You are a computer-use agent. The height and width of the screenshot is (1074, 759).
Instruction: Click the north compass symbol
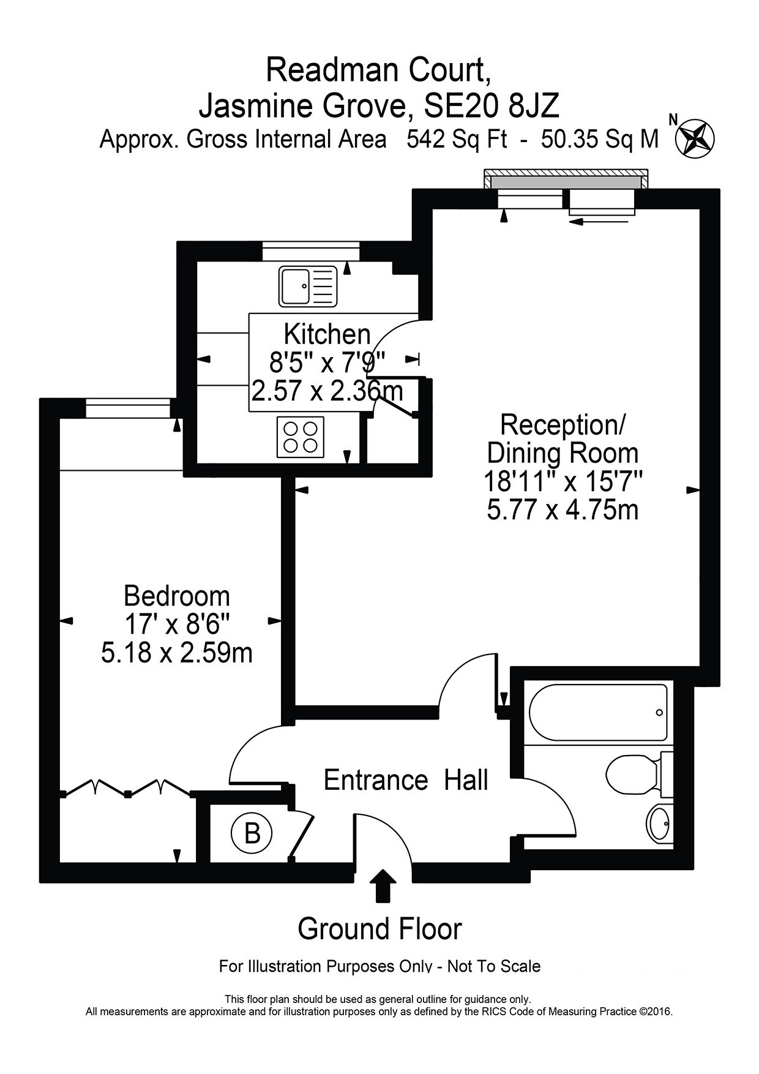695,138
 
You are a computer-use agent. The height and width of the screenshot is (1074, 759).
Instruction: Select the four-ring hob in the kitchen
301,437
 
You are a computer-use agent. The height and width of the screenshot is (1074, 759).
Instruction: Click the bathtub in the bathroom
598,713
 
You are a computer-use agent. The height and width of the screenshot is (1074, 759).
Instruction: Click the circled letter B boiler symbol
252,833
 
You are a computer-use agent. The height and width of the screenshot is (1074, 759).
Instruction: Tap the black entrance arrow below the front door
383,885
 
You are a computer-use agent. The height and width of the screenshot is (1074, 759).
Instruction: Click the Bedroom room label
177,595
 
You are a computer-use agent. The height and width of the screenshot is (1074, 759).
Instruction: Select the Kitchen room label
327,334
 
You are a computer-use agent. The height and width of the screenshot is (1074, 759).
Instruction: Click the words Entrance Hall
406,780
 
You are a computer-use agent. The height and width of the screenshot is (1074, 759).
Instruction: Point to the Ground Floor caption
379,929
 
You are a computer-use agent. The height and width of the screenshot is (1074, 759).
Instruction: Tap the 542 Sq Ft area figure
457,140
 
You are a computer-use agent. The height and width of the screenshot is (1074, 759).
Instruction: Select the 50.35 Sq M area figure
600,140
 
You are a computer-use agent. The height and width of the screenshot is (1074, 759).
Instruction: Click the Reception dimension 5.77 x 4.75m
563,509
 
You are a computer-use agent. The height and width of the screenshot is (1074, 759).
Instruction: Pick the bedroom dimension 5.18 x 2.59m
177,653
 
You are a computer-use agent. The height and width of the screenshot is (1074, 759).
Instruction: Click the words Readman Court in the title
378,70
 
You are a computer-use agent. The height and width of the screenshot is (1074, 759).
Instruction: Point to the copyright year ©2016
656,1012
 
